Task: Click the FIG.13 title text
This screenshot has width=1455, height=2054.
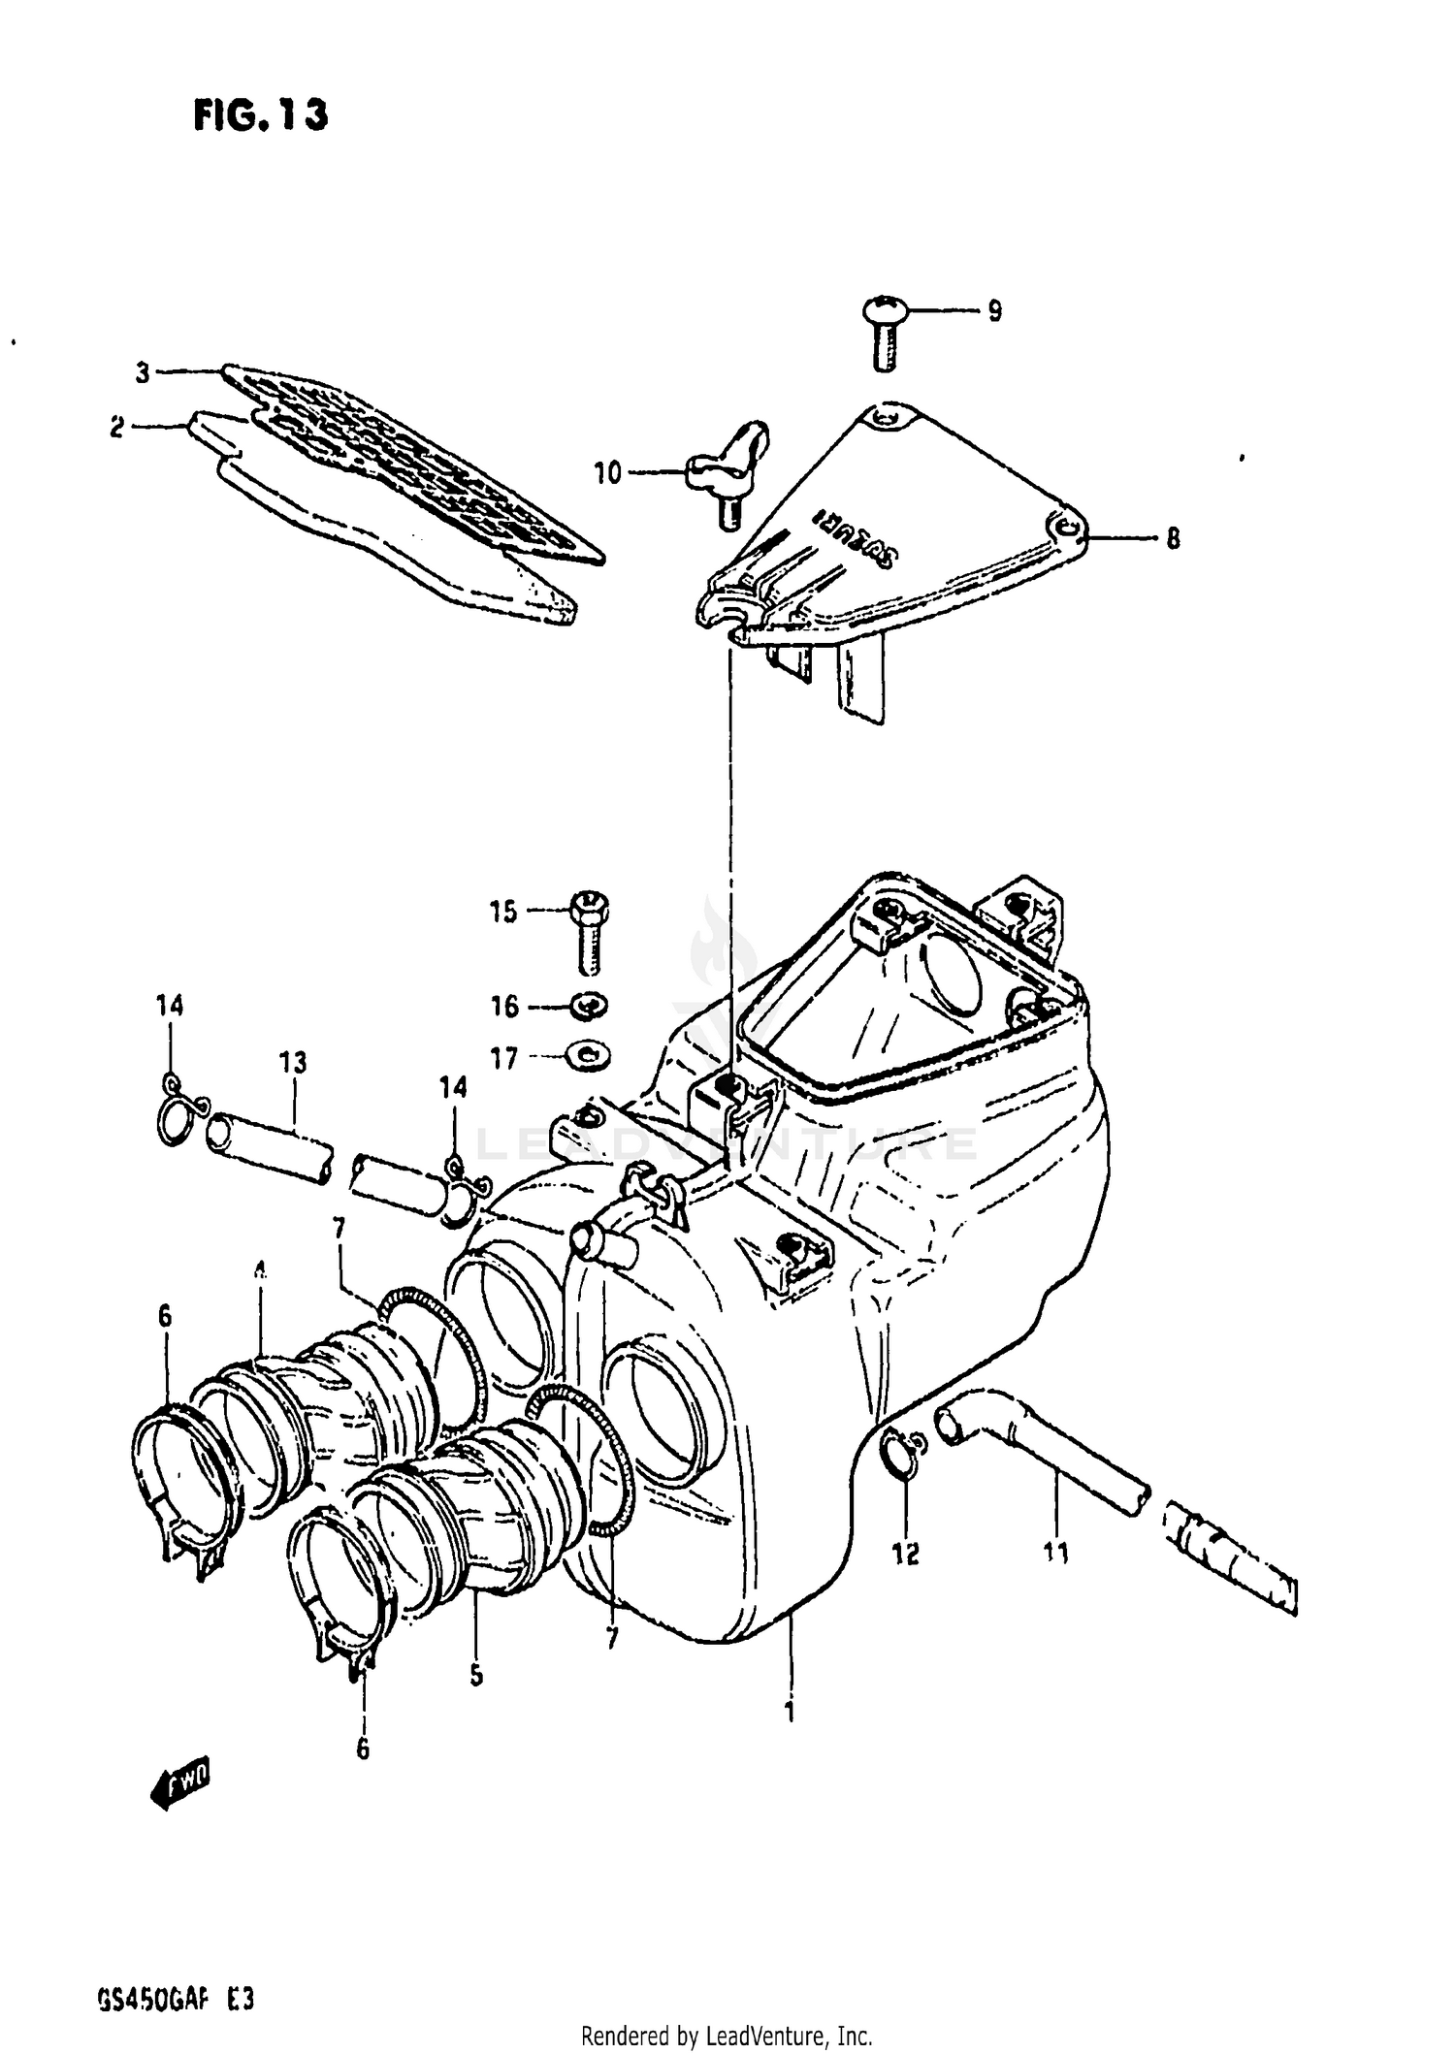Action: tap(260, 114)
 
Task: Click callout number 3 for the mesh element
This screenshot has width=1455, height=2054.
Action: tap(143, 372)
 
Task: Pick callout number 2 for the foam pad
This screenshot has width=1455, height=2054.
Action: tap(117, 428)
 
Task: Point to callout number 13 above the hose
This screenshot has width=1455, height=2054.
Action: tap(294, 1063)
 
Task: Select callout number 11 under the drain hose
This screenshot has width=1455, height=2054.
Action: tap(1056, 1554)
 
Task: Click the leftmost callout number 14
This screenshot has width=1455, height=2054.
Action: tap(169, 1006)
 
